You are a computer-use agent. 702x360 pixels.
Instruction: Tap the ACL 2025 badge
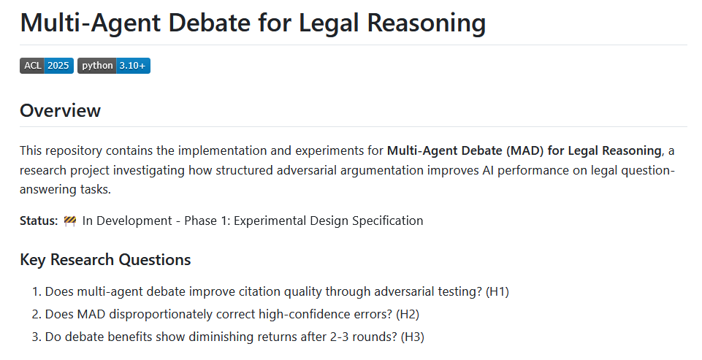click(x=47, y=66)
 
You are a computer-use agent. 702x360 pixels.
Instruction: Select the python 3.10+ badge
click(x=114, y=66)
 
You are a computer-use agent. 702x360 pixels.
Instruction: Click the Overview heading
click(x=60, y=111)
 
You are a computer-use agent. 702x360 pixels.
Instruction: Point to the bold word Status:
click(x=39, y=221)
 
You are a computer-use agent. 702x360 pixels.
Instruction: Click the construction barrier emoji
click(x=70, y=221)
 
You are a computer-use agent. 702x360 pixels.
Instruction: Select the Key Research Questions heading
click(x=105, y=260)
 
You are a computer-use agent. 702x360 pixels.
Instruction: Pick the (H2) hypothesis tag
click(x=408, y=314)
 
